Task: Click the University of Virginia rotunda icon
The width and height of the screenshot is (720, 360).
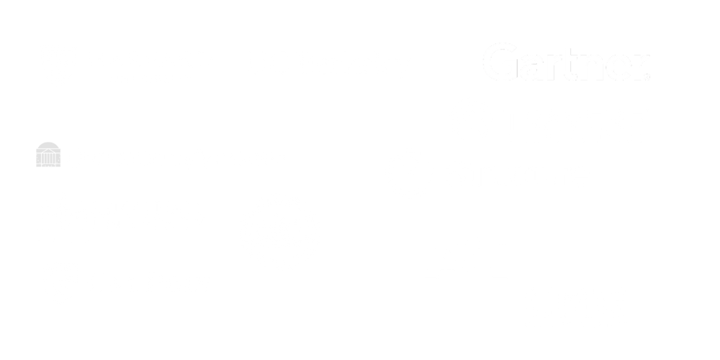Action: [48, 155]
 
